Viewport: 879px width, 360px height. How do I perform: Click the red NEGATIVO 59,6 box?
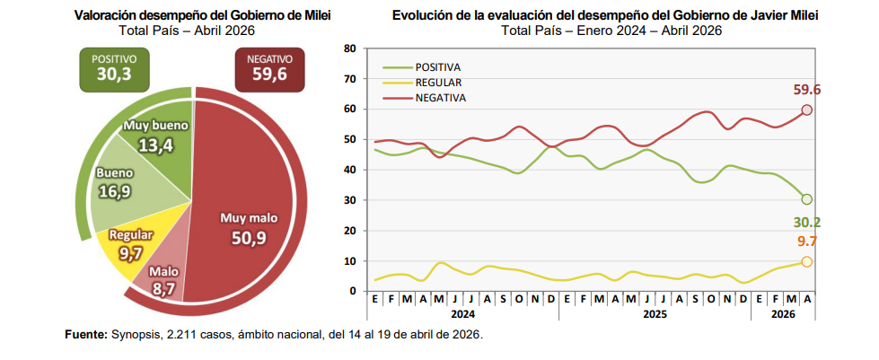point(269,68)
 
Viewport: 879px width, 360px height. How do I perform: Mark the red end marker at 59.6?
point(806,110)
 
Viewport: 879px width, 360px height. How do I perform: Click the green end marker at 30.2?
point(806,199)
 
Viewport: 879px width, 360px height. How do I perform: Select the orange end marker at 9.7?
point(806,261)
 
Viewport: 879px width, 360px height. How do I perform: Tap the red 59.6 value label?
point(807,89)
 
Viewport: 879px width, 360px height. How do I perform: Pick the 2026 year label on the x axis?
point(783,315)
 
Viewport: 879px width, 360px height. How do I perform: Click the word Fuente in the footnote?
point(85,335)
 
